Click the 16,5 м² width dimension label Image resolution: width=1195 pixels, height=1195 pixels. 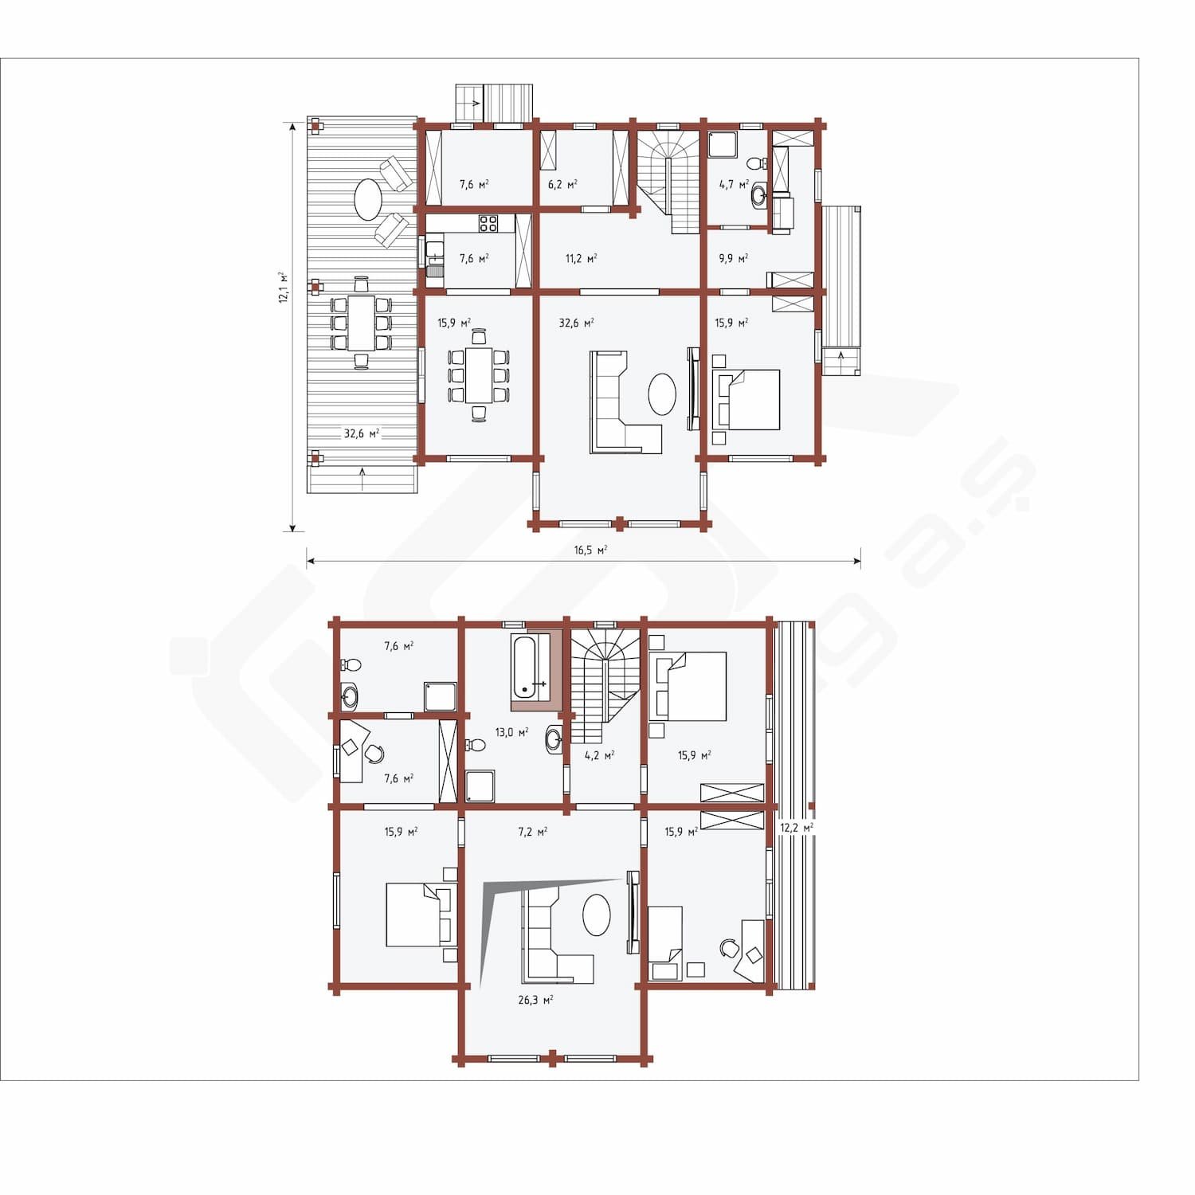pos(590,550)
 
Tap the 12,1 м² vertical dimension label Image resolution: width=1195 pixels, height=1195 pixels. pos(283,288)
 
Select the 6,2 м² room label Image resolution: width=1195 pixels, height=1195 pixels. pos(562,184)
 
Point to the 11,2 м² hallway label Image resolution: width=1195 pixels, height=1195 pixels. pos(581,259)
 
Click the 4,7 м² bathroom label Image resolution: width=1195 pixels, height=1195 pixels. pos(734,184)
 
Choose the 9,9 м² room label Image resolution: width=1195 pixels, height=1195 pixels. pos(733,259)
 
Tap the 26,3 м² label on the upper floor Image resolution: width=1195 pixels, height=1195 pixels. pos(535,1000)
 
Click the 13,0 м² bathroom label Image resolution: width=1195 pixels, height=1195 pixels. pos(511,732)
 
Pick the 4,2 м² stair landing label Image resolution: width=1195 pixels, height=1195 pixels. pos(599,755)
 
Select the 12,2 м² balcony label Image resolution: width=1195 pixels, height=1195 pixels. pos(797,828)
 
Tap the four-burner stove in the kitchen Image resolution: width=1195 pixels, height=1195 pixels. pos(488,224)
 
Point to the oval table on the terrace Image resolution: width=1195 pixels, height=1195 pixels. pos(368,199)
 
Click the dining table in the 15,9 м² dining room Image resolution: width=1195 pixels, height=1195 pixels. pos(479,374)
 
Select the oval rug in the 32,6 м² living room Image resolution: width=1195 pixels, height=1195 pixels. pos(662,394)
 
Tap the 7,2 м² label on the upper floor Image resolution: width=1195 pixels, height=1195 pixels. pos(532,832)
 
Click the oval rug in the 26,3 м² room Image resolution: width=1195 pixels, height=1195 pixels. pos(597,915)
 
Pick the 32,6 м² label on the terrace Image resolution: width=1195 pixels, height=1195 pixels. pos(362,434)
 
